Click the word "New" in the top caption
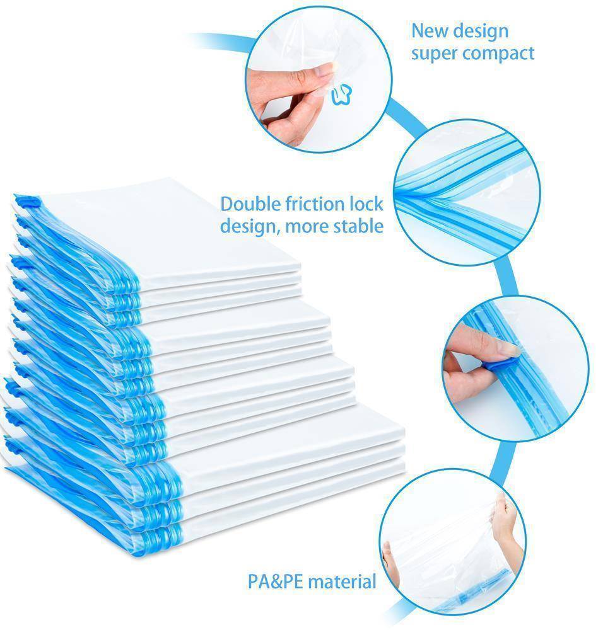click(428, 30)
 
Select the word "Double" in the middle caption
click(250, 203)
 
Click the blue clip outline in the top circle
click(341, 94)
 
